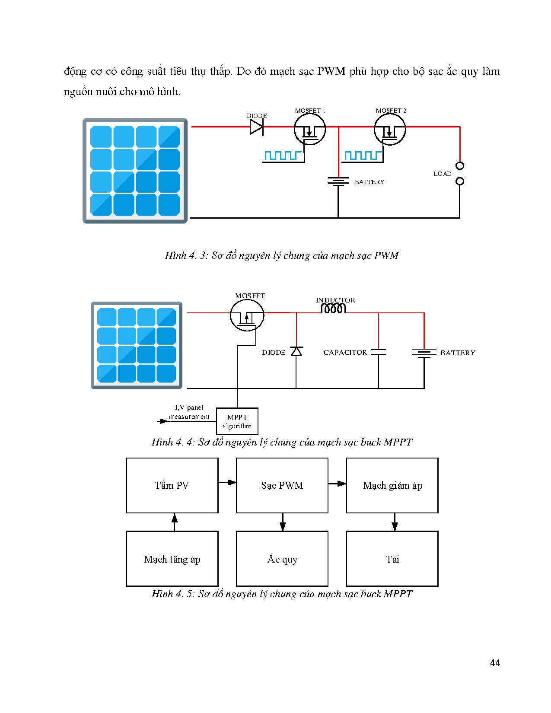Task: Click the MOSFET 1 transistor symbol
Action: [x=309, y=130]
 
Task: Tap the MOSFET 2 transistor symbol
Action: [x=390, y=130]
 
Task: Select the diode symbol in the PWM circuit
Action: [x=256, y=127]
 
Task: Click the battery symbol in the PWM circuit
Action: [x=338, y=181]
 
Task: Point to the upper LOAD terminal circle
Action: [x=460, y=166]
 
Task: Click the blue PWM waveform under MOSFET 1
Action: [x=283, y=156]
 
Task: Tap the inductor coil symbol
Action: [x=333, y=308]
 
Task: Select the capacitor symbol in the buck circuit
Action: [x=379, y=352]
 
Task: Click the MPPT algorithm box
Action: [x=237, y=421]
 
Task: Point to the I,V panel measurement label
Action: [x=189, y=412]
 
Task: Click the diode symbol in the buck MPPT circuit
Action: [x=296, y=351]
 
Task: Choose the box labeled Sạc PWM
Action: [x=282, y=485]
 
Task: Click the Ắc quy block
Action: [x=282, y=559]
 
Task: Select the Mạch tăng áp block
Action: [x=172, y=559]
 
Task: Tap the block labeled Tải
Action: [x=392, y=559]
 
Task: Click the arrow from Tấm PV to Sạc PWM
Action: [x=227, y=482]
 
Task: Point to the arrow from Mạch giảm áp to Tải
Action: [x=395, y=522]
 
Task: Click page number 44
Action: [x=495, y=662]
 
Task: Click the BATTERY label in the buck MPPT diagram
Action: [x=458, y=353]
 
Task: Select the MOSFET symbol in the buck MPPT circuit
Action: [x=247, y=315]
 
